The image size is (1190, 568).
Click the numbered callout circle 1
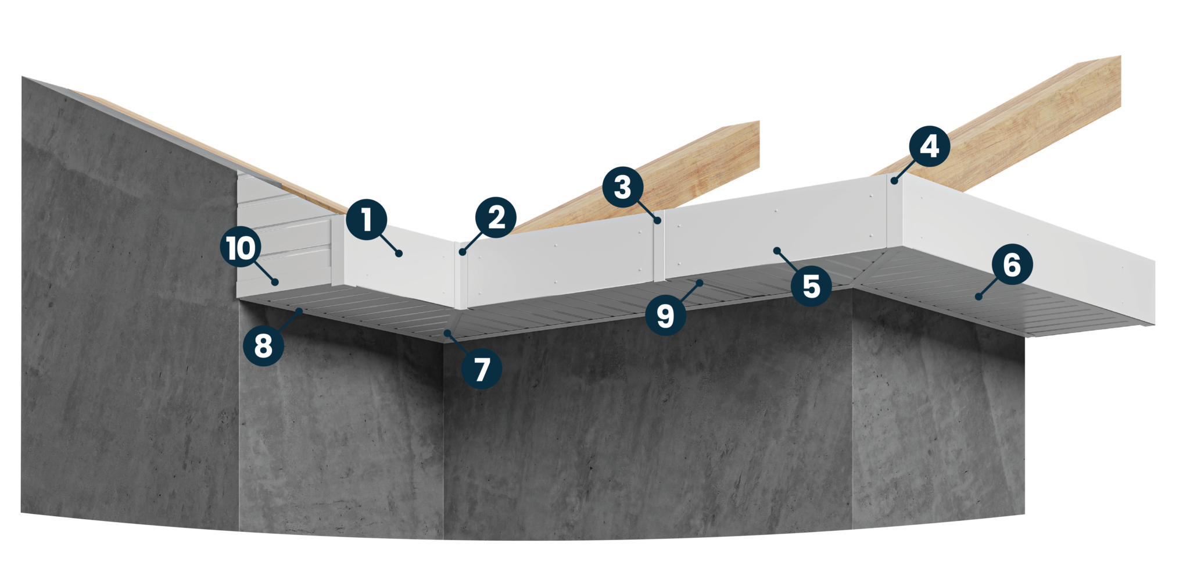click(366, 220)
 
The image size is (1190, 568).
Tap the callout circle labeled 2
click(496, 217)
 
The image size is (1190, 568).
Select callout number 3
click(622, 187)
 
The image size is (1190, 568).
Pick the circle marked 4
click(929, 147)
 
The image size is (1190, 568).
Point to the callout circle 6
click(1011, 265)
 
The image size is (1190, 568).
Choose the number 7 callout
click(481, 369)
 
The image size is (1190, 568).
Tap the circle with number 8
click(263, 346)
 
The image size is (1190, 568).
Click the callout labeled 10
click(241, 248)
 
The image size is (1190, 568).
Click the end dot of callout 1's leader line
click(399, 253)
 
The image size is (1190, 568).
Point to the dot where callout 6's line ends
click(978, 297)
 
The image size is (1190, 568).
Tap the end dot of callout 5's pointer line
click(777, 251)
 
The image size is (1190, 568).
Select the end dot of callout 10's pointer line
click(275, 282)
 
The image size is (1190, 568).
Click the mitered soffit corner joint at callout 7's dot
click(446, 333)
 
